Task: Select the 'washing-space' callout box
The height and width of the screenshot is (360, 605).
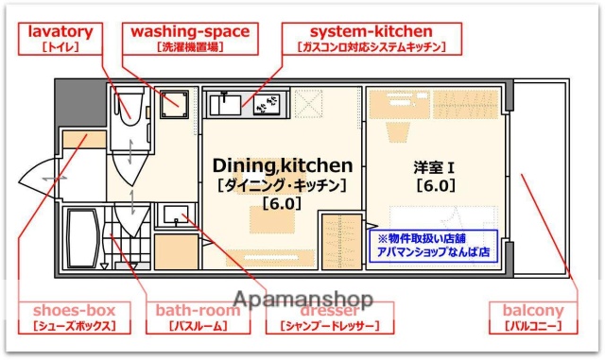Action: tap(190, 38)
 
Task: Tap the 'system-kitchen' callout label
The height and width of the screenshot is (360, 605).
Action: tap(371, 38)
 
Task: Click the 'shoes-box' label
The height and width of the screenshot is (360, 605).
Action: tap(74, 317)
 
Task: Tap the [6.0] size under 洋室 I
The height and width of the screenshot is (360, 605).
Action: tap(436, 185)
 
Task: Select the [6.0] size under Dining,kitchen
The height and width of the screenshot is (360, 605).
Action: tap(282, 202)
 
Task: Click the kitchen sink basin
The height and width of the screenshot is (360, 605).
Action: tap(228, 103)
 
